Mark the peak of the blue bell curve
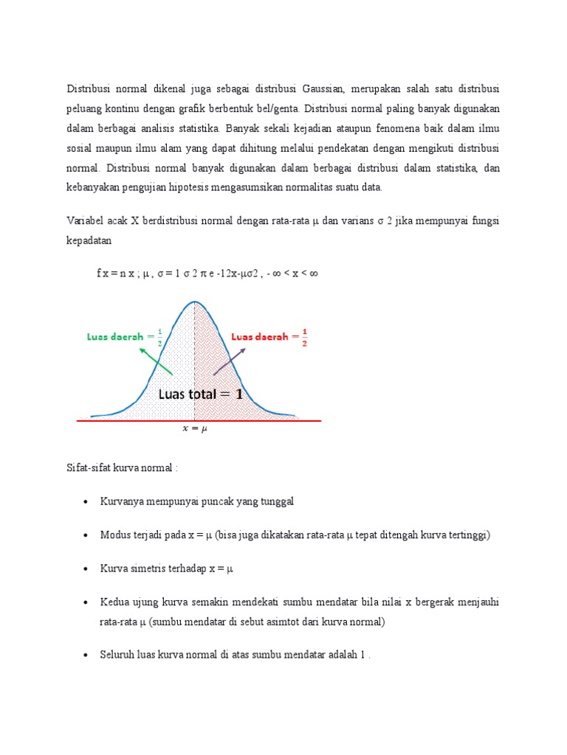point(194,302)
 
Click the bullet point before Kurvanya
point(86,501)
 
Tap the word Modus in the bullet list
point(116,535)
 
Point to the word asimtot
point(292,622)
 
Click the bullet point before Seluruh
point(86,655)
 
